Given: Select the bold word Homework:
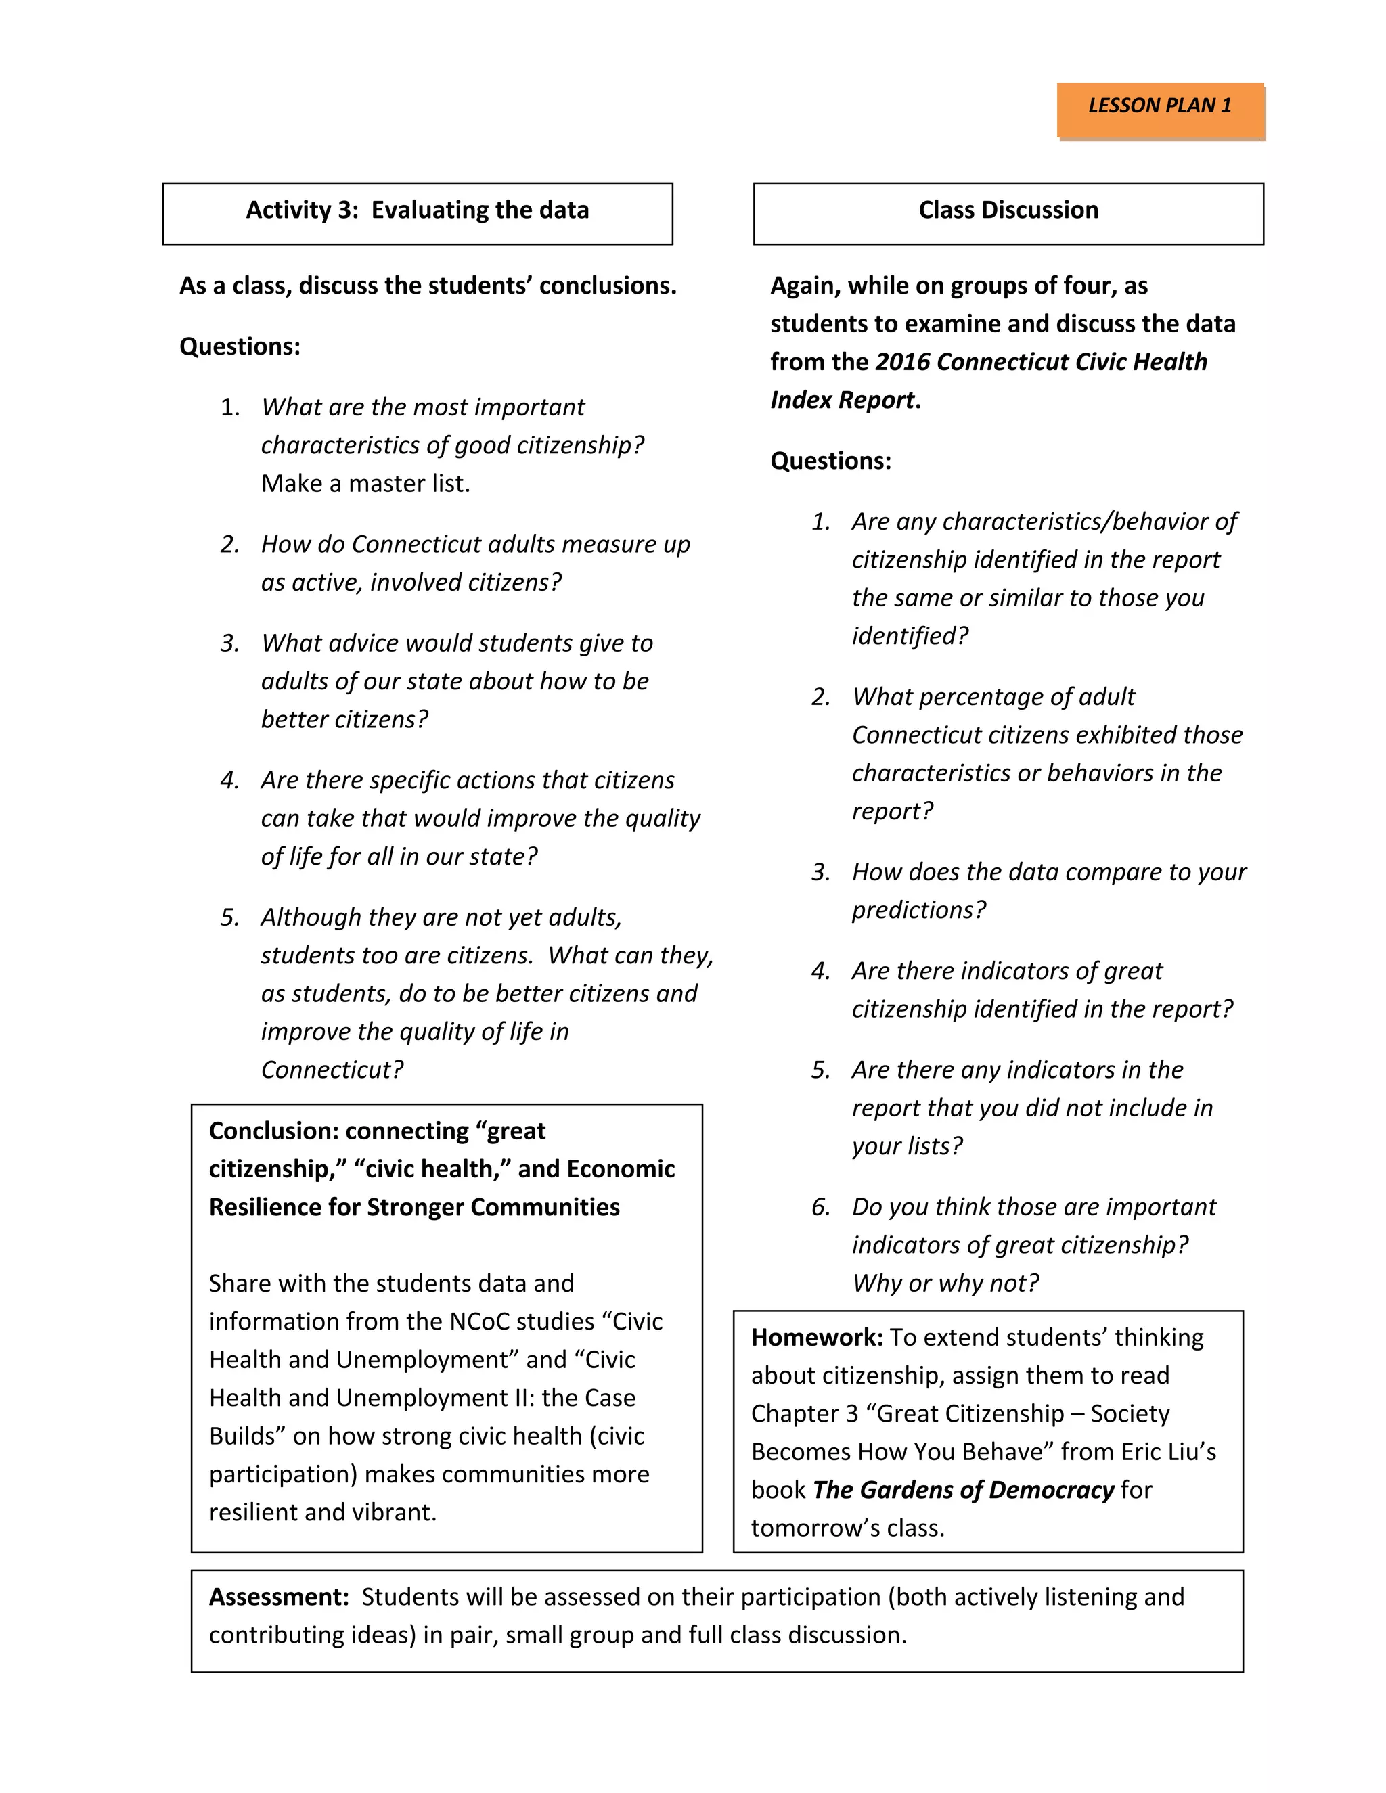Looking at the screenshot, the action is point(816,1338).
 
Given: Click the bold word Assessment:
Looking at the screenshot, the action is point(280,1597).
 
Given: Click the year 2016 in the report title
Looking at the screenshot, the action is point(901,362).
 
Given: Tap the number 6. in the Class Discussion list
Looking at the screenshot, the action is point(820,1208).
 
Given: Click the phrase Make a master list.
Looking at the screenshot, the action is point(365,484).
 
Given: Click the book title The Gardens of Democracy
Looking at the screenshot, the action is point(962,1490).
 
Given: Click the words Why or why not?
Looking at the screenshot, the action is point(945,1283).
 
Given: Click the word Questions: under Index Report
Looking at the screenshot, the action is point(830,461).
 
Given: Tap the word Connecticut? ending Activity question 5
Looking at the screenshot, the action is point(332,1070).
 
